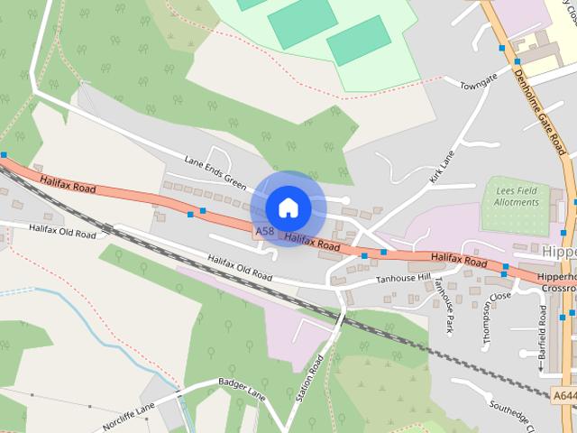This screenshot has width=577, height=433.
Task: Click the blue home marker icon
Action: (x=288, y=207)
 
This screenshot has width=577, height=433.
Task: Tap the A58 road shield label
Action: (x=264, y=232)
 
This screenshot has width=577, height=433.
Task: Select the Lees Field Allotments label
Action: (x=516, y=197)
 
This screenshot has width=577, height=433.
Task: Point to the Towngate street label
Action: (x=478, y=81)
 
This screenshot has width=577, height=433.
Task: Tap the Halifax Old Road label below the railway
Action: (x=239, y=266)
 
